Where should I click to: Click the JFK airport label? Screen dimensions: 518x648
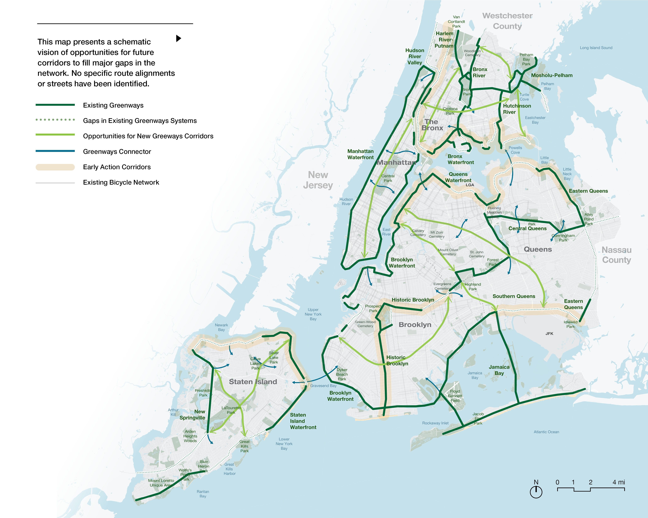click(549, 334)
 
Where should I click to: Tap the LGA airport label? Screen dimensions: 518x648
click(470, 185)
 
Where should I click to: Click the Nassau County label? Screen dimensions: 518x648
click(616, 255)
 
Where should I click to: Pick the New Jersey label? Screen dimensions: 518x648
click(318, 180)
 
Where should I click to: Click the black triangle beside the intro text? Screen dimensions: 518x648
click(178, 38)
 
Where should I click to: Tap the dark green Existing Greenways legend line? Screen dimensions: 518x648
click(55, 105)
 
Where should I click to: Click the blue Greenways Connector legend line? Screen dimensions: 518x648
click(55, 151)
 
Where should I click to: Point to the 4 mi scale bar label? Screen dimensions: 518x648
click(619, 482)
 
